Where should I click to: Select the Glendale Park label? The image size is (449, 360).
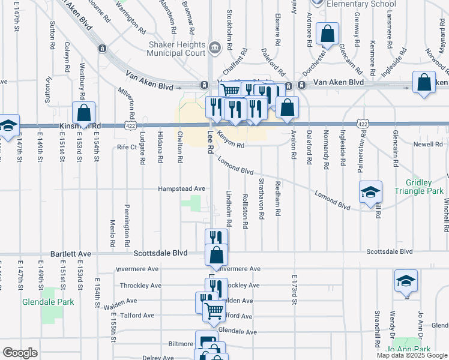pos(48,302)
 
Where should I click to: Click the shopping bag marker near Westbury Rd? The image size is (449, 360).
pos(84,113)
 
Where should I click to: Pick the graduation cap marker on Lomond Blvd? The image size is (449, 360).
pos(371,193)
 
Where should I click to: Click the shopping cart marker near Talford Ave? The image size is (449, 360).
pos(214,311)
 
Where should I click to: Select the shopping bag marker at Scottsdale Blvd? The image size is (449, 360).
pos(216,255)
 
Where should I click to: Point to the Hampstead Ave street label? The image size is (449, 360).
pos(182,188)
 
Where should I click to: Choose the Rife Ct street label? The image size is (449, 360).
pos(127,147)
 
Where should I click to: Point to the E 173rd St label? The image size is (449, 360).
pos(295,289)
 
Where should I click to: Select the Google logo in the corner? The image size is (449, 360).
pos(20,353)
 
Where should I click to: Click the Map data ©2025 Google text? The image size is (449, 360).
pos(412,355)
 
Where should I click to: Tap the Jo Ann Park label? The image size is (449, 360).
pos(409,349)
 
